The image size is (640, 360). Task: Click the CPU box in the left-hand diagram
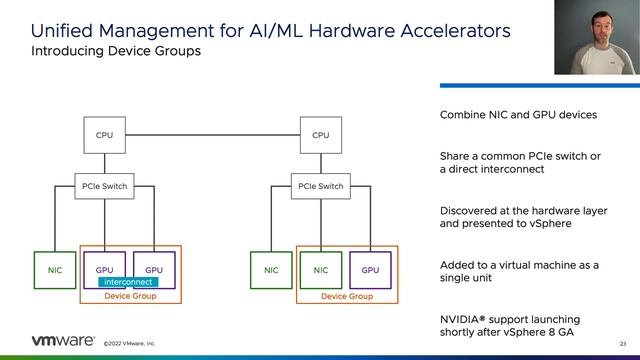coord(104,135)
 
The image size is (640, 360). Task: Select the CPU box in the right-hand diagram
coord(320,135)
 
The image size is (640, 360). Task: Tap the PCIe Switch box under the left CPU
coord(104,186)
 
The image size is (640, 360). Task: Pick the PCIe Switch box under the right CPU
coord(320,186)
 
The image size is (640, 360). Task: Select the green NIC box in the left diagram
coord(55,270)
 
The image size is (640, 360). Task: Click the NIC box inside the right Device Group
coord(320,270)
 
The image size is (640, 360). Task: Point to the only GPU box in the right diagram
coord(370,270)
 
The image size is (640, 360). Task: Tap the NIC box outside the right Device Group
coord(271,270)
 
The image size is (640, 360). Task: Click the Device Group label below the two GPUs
coord(130,297)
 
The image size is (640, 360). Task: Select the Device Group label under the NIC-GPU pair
coord(346,297)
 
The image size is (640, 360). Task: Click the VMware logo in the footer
coord(51,341)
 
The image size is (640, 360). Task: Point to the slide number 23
coord(623,343)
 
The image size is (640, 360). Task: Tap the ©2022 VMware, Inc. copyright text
coord(130,343)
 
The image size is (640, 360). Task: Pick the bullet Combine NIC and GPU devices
coord(518,115)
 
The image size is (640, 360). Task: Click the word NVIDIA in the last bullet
coord(462,316)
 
